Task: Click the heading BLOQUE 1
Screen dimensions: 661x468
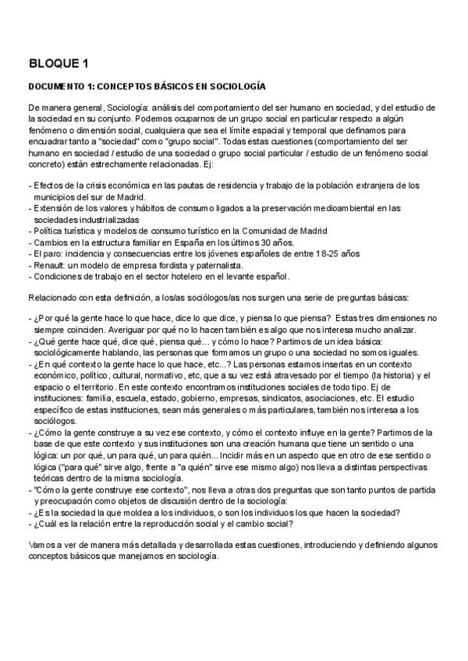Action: coord(58,63)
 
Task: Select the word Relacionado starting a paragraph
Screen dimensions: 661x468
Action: coord(53,299)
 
